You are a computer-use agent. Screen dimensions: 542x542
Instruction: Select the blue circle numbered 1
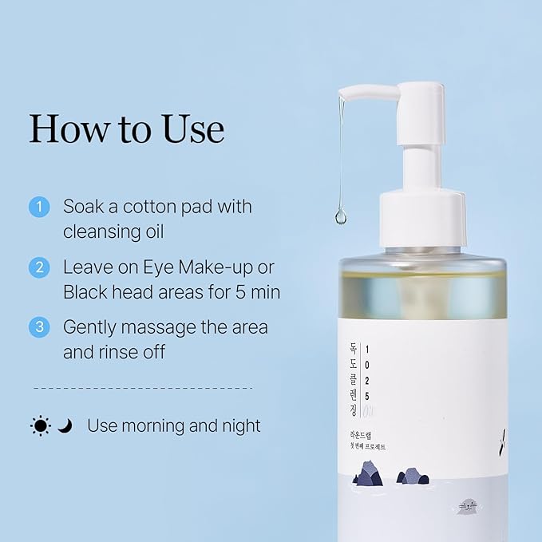(x=39, y=208)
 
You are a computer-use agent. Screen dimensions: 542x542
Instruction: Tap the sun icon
(x=41, y=426)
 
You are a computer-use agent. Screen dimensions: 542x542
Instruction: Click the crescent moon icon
(x=65, y=426)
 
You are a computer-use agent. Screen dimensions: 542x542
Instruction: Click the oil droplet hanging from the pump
(x=341, y=216)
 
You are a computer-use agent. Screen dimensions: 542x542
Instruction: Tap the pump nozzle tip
(x=342, y=95)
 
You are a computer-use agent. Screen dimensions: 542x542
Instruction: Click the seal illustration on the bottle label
(x=468, y=505)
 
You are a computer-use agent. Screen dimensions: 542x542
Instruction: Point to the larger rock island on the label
(x=368, y=474)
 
